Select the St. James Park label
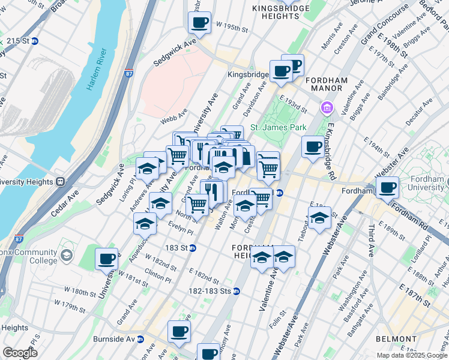pyautogui.click(x=278, y=127)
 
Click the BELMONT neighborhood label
pyautogui.click(x=396, y=339)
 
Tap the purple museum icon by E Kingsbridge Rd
pyautogui.click(x=327, y=108)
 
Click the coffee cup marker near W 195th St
pyautogui.click(x=199, y=23)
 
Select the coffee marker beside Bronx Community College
pyautogui.click(x=107, y=259)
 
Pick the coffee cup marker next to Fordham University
pyautogui.click(x=387, y=187)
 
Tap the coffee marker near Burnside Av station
pyautogui.click(x=179, y=331)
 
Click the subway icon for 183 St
pyautogui.click(x=193, y=248)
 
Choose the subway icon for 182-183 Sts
pyautogui.click(x=237, y=291)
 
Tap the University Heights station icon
pyautogui.click(x=60, y=181)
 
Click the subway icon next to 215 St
pyautogui.click(x=34, y=41)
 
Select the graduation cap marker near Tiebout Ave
pyautogui.click(x=319, y=218)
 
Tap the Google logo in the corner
pyautogui.click(x=19, y=353)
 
